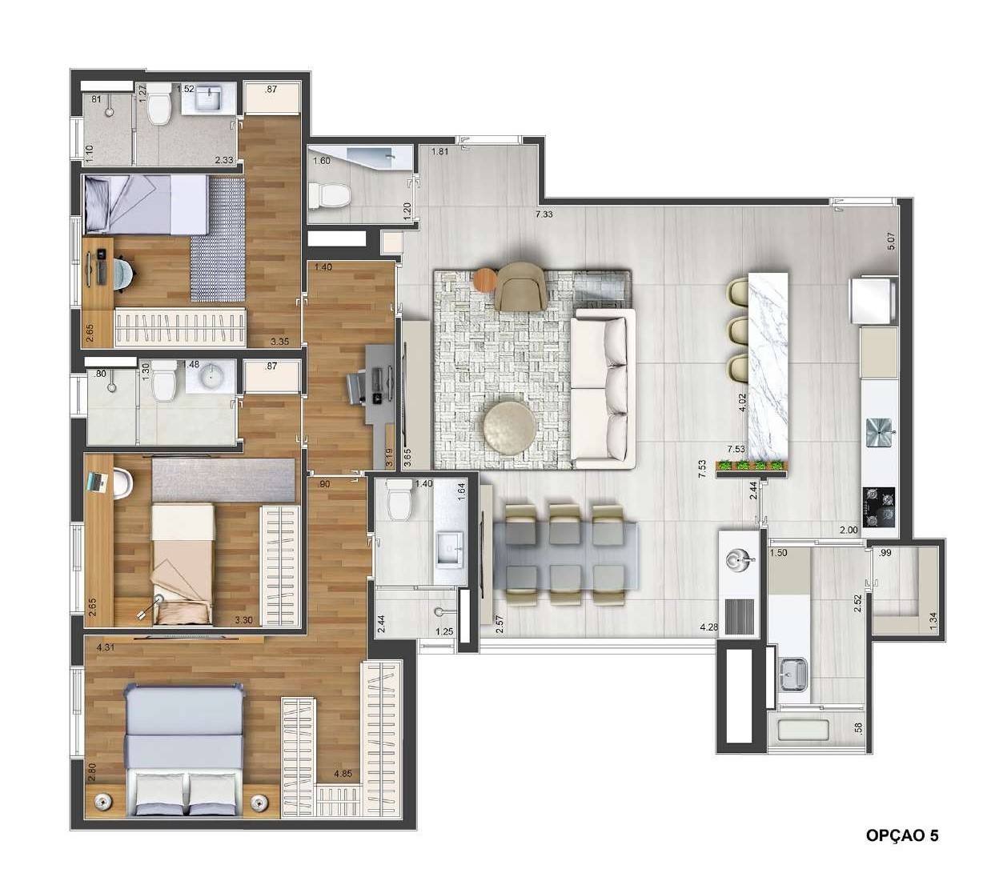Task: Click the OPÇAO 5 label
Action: coord(902,835)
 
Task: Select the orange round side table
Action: coord(486,280)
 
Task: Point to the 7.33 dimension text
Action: coord(544,214)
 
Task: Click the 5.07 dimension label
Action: coord(891,241)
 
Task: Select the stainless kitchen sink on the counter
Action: coord(878,433)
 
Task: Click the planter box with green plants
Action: coord(752,468)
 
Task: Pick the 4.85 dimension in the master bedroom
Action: coord(343,774)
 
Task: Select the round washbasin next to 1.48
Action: coord(211,376)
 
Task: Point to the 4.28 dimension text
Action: coord(709,627)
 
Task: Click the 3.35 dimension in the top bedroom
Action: coord(279,341)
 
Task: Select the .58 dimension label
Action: coord(858,729)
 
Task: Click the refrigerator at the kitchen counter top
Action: coord(872,301)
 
